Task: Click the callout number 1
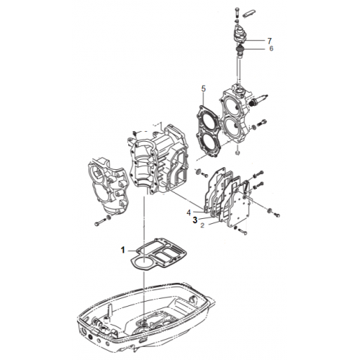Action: pos(123,250)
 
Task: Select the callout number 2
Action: pos(202,225)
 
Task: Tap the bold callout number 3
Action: pos(195,220)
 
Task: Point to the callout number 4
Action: pos(189,212)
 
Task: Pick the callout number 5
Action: pos(204,89)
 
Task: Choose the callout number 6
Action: pos(271,48)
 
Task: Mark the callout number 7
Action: pos(269,41)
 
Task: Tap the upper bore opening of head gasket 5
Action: pos(207,120)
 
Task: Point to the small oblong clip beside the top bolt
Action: pos(248,14)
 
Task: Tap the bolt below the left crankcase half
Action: pos(102,221)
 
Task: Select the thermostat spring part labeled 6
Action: pos(239,50)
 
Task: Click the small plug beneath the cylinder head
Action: pos(238,153)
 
